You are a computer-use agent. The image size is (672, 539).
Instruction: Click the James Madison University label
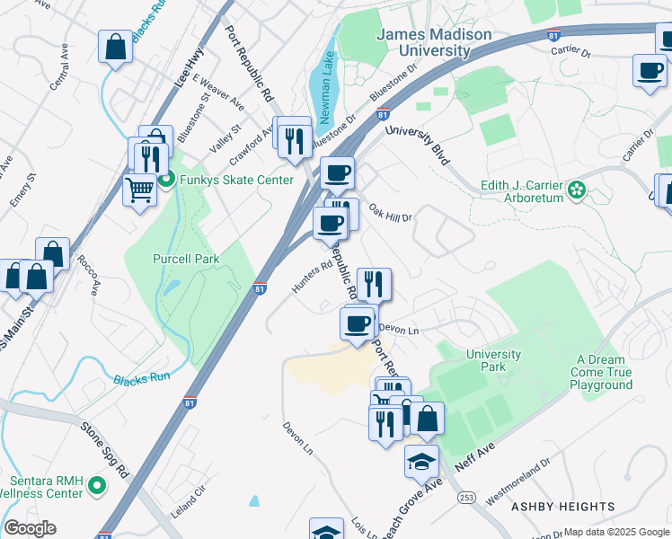[435, 42]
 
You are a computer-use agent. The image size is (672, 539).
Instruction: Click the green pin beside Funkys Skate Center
[166, 180]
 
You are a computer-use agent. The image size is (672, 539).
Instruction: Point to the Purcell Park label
[187, 259]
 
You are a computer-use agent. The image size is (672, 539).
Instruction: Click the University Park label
[493, 360]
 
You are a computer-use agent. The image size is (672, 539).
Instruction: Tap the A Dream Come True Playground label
[601, 372]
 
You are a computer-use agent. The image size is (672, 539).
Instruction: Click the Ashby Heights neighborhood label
[562, 507]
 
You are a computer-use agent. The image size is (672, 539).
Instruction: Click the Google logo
[31, 528]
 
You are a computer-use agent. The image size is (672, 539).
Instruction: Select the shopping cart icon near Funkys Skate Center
[139, 190]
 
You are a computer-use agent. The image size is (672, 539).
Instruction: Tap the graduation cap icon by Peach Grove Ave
[421, 461]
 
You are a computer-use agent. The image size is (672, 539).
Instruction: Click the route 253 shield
[466, 496]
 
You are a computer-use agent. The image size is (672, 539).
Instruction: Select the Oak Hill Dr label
[390, 216]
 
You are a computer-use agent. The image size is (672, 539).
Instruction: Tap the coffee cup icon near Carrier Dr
[649, 70]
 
